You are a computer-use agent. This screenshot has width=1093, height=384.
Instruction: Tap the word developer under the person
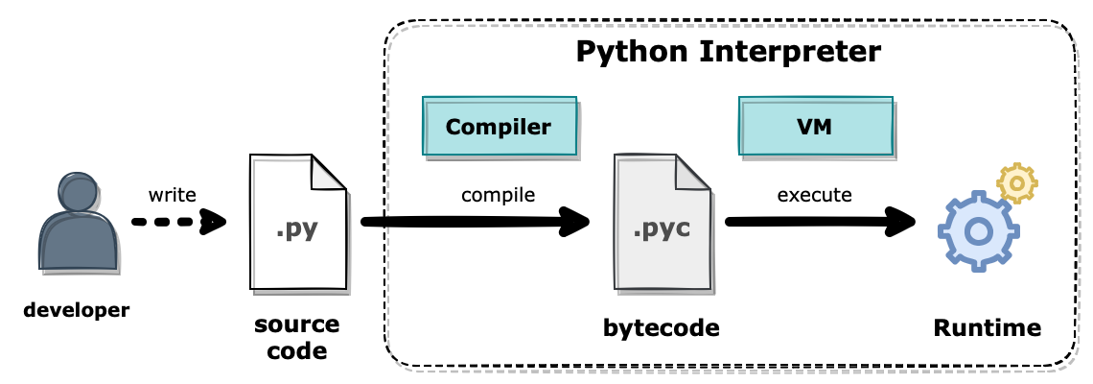pos(76,310)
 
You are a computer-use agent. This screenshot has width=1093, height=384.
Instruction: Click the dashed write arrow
pos(177,223)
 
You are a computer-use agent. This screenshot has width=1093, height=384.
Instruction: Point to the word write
pos(173,195)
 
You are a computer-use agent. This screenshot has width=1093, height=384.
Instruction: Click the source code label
pos(297,338)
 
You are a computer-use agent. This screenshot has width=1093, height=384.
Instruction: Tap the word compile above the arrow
pos(498,195)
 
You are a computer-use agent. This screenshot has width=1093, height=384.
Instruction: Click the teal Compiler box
pos(499,127)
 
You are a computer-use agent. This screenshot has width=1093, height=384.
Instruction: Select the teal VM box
pos(815,127)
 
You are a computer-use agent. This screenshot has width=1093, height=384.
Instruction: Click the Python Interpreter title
pos(728,52)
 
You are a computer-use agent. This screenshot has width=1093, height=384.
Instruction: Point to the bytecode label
pos(662,328)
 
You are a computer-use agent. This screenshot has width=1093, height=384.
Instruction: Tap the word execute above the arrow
pos(814,195)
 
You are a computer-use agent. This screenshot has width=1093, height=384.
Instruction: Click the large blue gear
pos(977,230)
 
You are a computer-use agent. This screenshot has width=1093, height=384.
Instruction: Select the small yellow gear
pos(1017,182)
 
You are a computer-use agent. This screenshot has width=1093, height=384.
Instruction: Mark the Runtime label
pos(987,328)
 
